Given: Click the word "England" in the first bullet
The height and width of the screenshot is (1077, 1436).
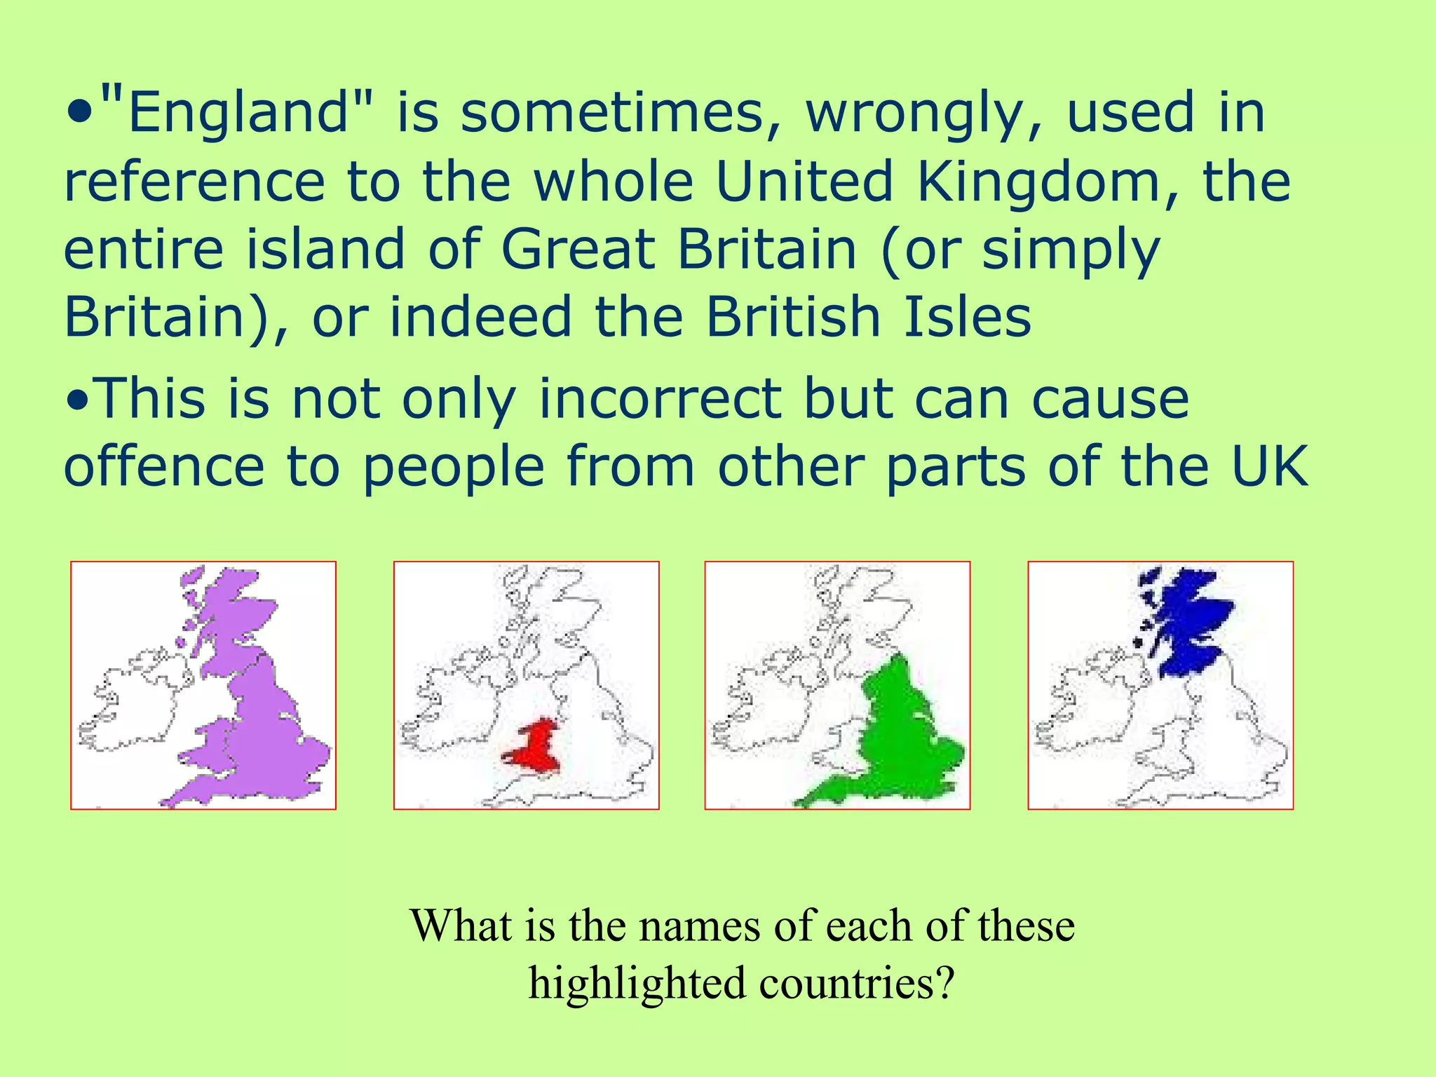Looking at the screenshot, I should [238, 114].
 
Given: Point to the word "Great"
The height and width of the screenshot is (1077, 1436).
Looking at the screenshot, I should [578, 250].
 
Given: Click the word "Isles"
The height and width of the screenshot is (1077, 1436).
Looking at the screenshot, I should [968, 317].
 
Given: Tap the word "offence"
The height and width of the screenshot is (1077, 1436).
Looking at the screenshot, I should [164, 467].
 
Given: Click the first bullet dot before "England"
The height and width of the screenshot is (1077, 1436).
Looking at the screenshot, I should [80, 113].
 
